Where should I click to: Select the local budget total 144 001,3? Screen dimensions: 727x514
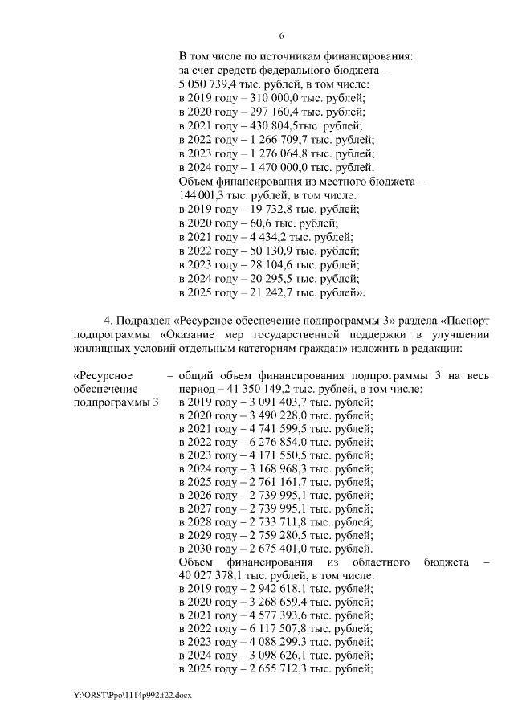203,195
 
